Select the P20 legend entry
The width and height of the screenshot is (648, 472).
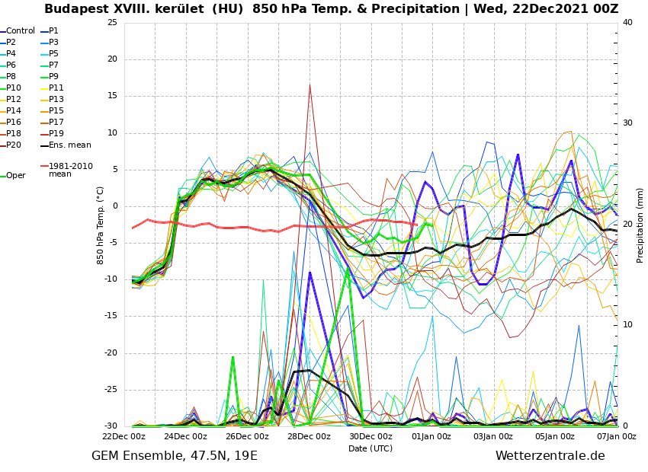click(x=14, y=145)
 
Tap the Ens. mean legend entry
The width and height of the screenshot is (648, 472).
click(x=69, y=145)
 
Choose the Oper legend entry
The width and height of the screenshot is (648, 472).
click(x=15, y=176)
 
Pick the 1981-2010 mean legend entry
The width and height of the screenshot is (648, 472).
click(x=70, y=170)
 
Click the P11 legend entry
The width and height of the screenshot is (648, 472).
click(x=56, y=88)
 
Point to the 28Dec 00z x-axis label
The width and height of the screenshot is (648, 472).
click(x=309, y=437)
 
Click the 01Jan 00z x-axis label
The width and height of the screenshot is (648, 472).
click(x=431, y=437)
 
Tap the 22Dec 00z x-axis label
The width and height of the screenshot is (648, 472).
click(x=124, y=437)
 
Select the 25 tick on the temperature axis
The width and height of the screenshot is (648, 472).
click(x=112, y=23)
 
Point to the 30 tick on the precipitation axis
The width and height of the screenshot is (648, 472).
click(x=627, y=123)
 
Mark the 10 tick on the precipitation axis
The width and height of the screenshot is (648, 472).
click(x=627, y=325)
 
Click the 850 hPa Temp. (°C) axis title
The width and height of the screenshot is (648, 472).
click(x=101, y=225)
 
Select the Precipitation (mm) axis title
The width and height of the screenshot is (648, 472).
click(x=640, y=225)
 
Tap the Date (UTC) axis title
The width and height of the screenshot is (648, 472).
click(x=371, y=449)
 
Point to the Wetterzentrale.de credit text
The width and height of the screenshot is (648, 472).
click(x=550, y=456)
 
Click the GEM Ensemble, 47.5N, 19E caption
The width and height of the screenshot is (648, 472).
click(x=175, y=456)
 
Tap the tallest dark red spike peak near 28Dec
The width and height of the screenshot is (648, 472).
click(x=310, y=85)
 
